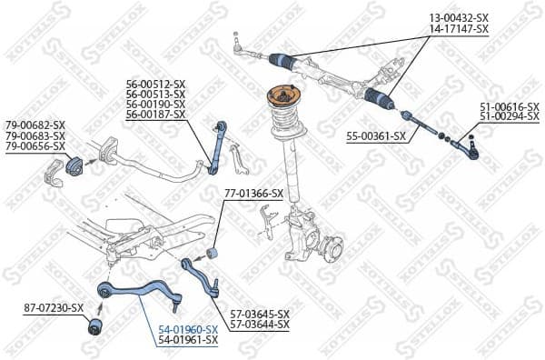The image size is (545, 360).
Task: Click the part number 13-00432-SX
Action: [x=458, y=18]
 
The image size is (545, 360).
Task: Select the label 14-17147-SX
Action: [x=458, y=29]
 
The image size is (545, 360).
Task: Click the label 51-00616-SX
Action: [x=509, y=107]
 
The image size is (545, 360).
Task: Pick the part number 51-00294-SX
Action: [x=509, y=117]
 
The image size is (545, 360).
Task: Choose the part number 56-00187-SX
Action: [x=155, y=115]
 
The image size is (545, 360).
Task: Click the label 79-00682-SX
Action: [x=35, y=125]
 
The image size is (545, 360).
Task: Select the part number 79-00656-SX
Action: [x=35, y=145]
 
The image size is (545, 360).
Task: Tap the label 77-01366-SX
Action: [x=253, y=194]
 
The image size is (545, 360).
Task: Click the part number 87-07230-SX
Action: [x=53, y=308]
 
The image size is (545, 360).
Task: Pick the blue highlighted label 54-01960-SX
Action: [x=188, y=329]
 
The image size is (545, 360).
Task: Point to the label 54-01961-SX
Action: [x=188, y=339]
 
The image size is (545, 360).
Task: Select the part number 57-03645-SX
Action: [x=260, y=314]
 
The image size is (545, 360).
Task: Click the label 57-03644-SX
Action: [x=260, y=324]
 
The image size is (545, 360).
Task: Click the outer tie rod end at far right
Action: [x=467, y=144]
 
